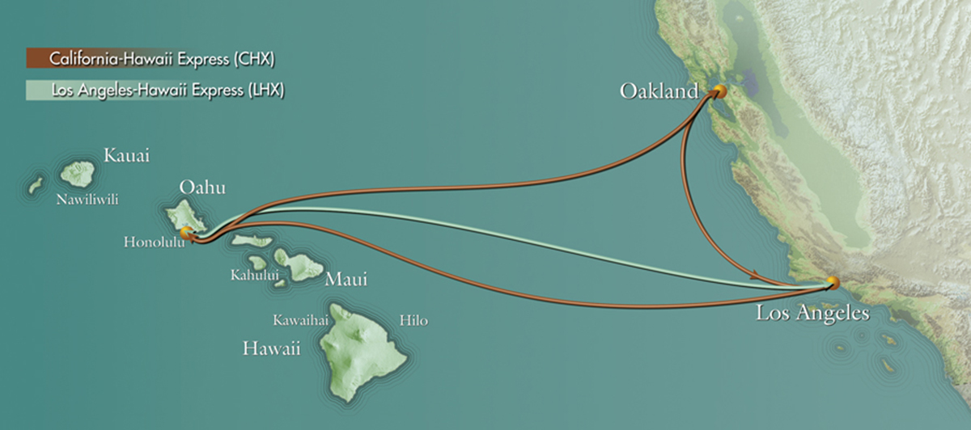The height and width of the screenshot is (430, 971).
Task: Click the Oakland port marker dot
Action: pos(718,91)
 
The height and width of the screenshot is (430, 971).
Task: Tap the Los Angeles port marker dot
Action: pos(833,283)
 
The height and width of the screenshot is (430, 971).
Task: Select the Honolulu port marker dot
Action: pos(187,234)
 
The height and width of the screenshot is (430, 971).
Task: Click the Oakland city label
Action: pos(658,91)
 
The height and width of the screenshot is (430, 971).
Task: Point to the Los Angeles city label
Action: pos(812,313)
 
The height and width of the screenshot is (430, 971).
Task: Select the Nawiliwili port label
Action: pos(87,199)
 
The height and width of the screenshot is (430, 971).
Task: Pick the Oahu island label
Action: pos(201,188)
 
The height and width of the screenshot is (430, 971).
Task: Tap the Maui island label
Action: pos(346,280)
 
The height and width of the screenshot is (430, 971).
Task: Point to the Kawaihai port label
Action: pos(300,321)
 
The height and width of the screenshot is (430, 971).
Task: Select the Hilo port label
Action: pos(413,321)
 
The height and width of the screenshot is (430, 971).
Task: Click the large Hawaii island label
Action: pos(272,349)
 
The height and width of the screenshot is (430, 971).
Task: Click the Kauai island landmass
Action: pos(79,173)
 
